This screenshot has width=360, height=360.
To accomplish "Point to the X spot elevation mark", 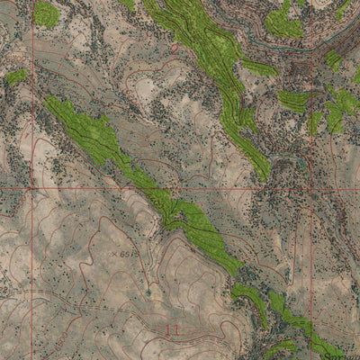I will coord(114,255).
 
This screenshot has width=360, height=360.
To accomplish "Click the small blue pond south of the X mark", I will coord(148,292).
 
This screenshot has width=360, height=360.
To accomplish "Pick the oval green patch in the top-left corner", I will coord(46,13).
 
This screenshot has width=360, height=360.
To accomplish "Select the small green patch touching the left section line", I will coord(17,77).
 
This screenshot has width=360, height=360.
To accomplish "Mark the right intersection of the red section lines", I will coord(311,190).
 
